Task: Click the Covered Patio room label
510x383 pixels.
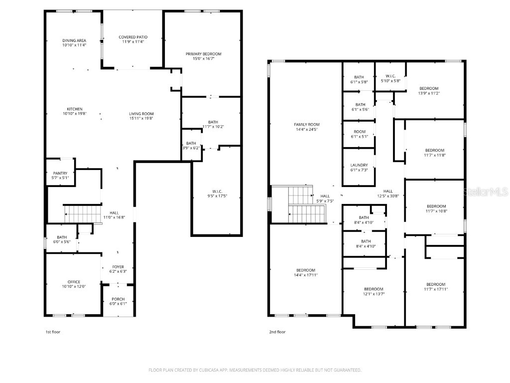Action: pos(133,37)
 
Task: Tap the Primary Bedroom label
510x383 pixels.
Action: pos(203,54)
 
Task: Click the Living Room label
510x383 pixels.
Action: pos(141,114)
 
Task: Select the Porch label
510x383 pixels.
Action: pos(118,299)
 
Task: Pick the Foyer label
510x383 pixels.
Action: pos(118,267)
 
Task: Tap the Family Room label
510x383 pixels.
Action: pos(307,125)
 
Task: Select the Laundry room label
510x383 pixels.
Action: pos(359,165)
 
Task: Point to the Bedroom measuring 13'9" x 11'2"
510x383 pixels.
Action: pos(429,88)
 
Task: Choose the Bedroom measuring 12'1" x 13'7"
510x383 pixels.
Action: pos(374,289)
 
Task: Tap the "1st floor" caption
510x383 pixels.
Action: pos(52,332)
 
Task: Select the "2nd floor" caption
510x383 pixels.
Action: pos(277,332)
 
